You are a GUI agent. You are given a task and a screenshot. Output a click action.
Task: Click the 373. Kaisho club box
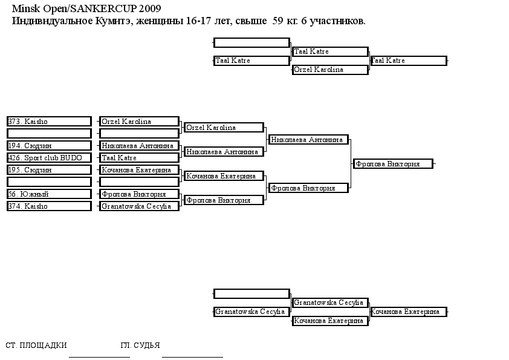49,122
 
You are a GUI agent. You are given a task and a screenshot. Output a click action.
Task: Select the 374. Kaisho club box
49,206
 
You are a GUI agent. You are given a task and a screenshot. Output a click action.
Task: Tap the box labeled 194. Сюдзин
49,146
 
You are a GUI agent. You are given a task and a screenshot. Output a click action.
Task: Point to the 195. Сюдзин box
49,170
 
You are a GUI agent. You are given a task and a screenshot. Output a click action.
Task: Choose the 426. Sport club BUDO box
49,158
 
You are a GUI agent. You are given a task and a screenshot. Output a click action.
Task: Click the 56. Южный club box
49,194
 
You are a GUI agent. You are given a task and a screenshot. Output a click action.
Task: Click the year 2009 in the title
150,8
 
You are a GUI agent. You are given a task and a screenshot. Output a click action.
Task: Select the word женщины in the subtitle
160,21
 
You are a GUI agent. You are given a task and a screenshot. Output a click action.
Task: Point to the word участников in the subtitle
337,21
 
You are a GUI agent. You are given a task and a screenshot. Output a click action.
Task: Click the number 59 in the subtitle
277,21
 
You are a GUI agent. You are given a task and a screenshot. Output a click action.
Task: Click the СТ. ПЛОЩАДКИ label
36,345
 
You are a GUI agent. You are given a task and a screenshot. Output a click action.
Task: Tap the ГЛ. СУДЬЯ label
140,345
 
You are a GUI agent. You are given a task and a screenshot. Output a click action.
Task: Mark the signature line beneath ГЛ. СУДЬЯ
192,357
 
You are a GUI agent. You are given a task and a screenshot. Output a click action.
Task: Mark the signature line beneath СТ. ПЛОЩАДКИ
99,357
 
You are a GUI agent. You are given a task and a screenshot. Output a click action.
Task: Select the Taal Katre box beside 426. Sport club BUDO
139,158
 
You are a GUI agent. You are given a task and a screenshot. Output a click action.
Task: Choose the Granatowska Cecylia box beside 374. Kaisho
139,206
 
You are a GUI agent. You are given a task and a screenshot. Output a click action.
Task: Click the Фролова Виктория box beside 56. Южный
139,194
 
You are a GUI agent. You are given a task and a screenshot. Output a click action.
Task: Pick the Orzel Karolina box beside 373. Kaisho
139,122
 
